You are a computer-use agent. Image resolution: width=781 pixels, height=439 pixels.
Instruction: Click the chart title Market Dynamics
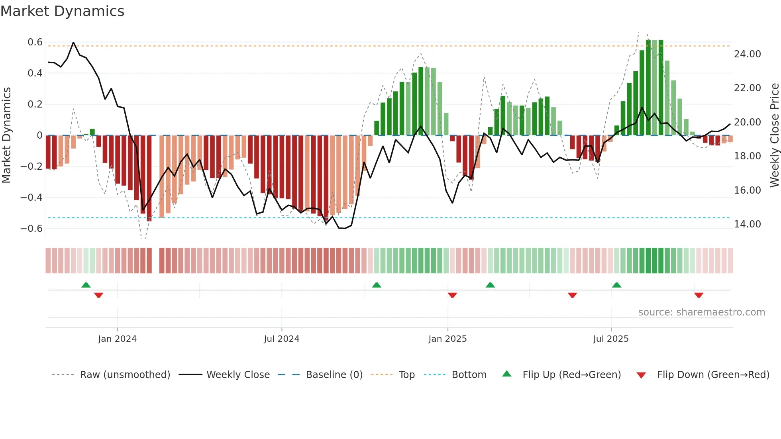coord(62,11)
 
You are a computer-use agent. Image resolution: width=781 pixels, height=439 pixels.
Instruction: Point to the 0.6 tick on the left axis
coord(35,42)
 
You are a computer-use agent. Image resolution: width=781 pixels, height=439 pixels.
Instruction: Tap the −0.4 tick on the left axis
coord(31,198)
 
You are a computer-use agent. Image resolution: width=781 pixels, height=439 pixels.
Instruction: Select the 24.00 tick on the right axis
coord(747,54)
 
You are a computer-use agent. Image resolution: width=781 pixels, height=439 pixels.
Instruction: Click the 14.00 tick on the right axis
coord(747,224)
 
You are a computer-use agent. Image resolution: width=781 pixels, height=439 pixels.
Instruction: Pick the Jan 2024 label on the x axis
coord(117,339)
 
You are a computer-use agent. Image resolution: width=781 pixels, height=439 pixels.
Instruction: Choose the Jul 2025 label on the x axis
coord(610,339)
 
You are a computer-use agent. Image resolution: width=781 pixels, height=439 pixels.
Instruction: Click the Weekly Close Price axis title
coord(774,135)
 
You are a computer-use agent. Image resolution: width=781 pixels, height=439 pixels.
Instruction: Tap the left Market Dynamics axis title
coord(6,135)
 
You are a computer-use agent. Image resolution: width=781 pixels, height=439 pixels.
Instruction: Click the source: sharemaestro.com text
coord(701,312)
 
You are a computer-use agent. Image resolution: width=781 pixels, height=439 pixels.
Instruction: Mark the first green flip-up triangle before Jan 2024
coord(86,285)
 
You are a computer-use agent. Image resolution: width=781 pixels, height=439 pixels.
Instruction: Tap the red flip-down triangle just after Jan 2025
coord(452,295)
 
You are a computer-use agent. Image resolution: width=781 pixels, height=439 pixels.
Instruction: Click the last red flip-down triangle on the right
coord(699,295)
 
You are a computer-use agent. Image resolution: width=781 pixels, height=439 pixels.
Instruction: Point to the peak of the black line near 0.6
coord(73,43)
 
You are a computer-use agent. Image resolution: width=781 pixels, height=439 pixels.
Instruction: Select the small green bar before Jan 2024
coord(92,132)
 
